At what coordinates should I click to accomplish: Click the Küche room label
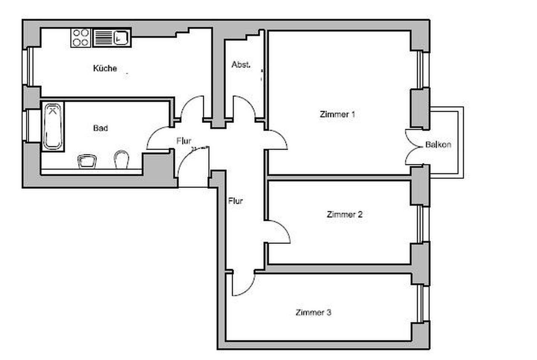coord(105,68)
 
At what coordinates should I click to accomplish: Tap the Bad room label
coord(100,128)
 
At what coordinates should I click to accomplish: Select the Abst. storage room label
coord(241,65)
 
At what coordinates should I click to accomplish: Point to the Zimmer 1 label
coord(337,114)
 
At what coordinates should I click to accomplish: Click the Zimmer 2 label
coord(344,215)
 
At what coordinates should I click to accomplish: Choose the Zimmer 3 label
coord(313,312)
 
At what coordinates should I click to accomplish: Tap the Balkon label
coord(438,144)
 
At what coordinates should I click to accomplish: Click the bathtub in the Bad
coord(53,126)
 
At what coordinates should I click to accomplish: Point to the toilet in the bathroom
coord(121,160)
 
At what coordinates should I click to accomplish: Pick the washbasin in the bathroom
coord(87,161)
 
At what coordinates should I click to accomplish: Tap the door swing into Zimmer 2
coord(278,232)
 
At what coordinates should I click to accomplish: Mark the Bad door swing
coord(159,139)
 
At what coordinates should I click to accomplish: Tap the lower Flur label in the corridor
coord(235,201)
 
